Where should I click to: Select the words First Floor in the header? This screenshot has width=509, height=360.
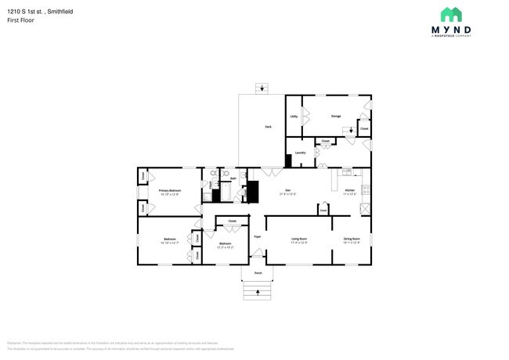point(22,20)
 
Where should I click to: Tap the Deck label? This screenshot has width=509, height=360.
point(267,125)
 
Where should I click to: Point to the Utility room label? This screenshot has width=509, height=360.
point(293,116)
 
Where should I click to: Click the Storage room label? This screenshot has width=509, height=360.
point(335,116)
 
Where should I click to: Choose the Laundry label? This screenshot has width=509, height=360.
point(300,152)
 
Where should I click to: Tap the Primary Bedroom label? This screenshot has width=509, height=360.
point(170,190)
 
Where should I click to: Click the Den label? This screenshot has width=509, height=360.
point(287,190)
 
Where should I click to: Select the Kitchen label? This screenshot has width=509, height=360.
point(350,190)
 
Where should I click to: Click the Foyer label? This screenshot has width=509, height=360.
point(257,236)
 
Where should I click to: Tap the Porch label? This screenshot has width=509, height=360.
point(258,272)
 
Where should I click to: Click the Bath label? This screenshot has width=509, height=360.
point(233,178)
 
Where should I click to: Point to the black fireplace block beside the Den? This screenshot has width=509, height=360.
point(252,191)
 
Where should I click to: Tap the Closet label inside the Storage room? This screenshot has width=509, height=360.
point(364,128)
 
